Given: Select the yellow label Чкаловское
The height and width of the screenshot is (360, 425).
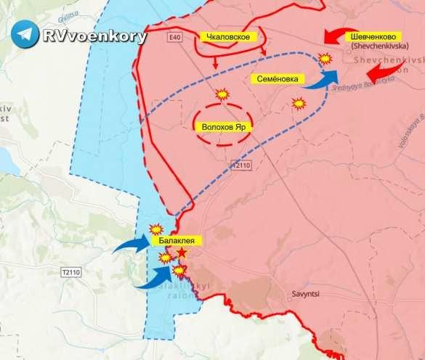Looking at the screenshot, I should coord(228,36).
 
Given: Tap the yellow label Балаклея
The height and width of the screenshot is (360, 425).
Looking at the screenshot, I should coord(173,240).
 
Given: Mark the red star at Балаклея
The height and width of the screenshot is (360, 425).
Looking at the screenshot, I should coord(181,254).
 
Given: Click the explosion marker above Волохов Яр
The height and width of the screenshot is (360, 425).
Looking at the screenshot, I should coord(222,94).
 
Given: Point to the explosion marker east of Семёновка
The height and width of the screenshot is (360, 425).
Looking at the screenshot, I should coord(298,103).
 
